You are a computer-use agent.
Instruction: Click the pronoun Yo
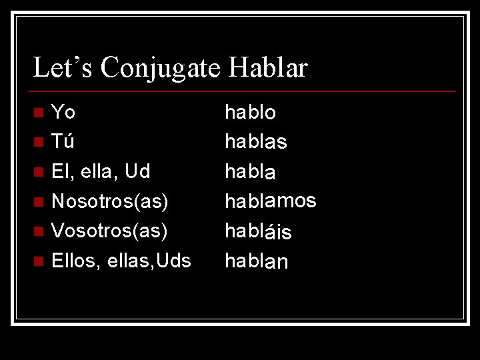(x=63, y=112)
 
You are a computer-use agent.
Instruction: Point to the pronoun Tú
(x=63, y=141)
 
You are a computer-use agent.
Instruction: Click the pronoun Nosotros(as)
(x=109, y=201)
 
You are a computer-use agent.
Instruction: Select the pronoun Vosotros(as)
(x=109, y=230)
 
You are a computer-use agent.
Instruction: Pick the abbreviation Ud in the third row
(x=137, y=171)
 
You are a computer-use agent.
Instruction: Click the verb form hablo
(x=251, y=112)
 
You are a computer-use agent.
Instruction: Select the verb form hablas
(x=256, y=141)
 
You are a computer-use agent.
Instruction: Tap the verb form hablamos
(x=271, y=201)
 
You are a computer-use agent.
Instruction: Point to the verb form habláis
(x=258, y=230)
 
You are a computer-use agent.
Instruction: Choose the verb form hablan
(x=257, y=260)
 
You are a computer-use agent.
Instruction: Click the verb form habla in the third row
(x=251, y=171)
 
